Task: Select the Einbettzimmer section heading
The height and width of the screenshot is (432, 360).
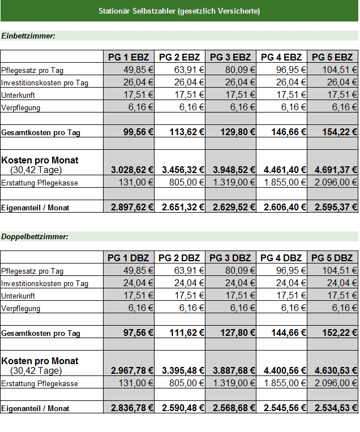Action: (28, 36)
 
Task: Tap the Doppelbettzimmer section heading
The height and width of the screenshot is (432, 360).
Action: (35, 237)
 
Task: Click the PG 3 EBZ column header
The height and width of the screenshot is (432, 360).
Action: (230, 57)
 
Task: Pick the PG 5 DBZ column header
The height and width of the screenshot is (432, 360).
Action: (332, 258)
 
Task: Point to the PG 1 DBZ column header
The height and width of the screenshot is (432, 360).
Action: (128, 258)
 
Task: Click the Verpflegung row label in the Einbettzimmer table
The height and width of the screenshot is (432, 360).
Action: (21, 108)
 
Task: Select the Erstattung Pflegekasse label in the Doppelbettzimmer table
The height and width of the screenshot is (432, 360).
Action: (40, 383)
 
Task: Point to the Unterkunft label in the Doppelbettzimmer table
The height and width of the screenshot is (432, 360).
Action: (18, 296)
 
